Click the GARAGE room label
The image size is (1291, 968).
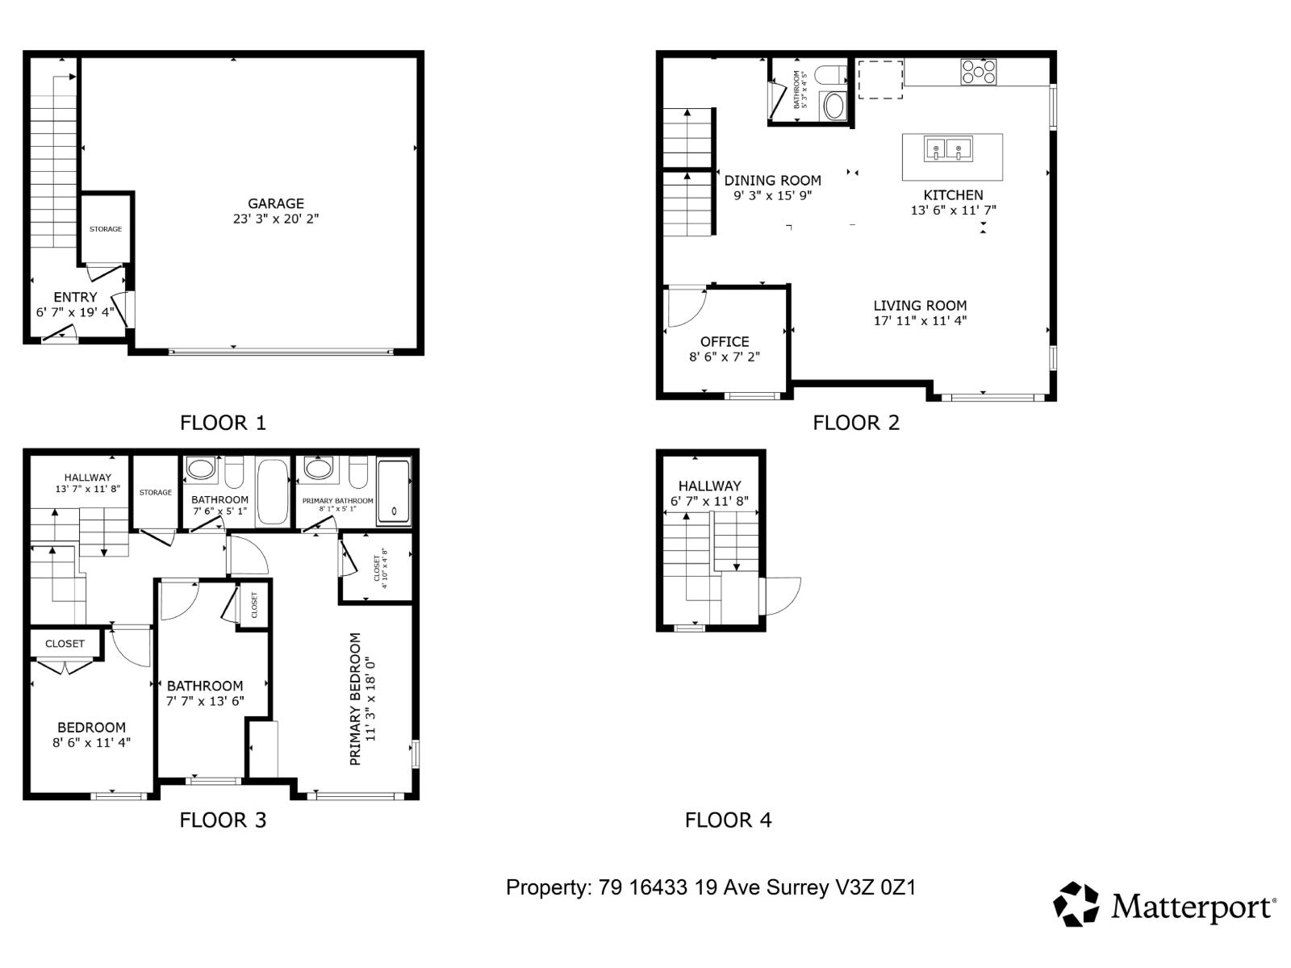276,204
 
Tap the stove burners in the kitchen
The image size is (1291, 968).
978,73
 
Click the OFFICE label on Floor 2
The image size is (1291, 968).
725,342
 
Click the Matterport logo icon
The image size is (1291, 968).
1076,904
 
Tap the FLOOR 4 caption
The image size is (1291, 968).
728,820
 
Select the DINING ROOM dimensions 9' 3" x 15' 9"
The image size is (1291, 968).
772,195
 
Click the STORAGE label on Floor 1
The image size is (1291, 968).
106,229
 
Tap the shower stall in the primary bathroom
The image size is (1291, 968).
394,492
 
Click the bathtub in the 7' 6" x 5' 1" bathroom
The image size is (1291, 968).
272,492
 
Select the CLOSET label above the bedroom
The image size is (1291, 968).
65,644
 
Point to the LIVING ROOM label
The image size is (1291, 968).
920,306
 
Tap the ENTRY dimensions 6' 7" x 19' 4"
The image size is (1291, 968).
75,312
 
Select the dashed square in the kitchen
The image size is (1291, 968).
879,79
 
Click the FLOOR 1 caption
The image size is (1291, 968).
223,423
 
